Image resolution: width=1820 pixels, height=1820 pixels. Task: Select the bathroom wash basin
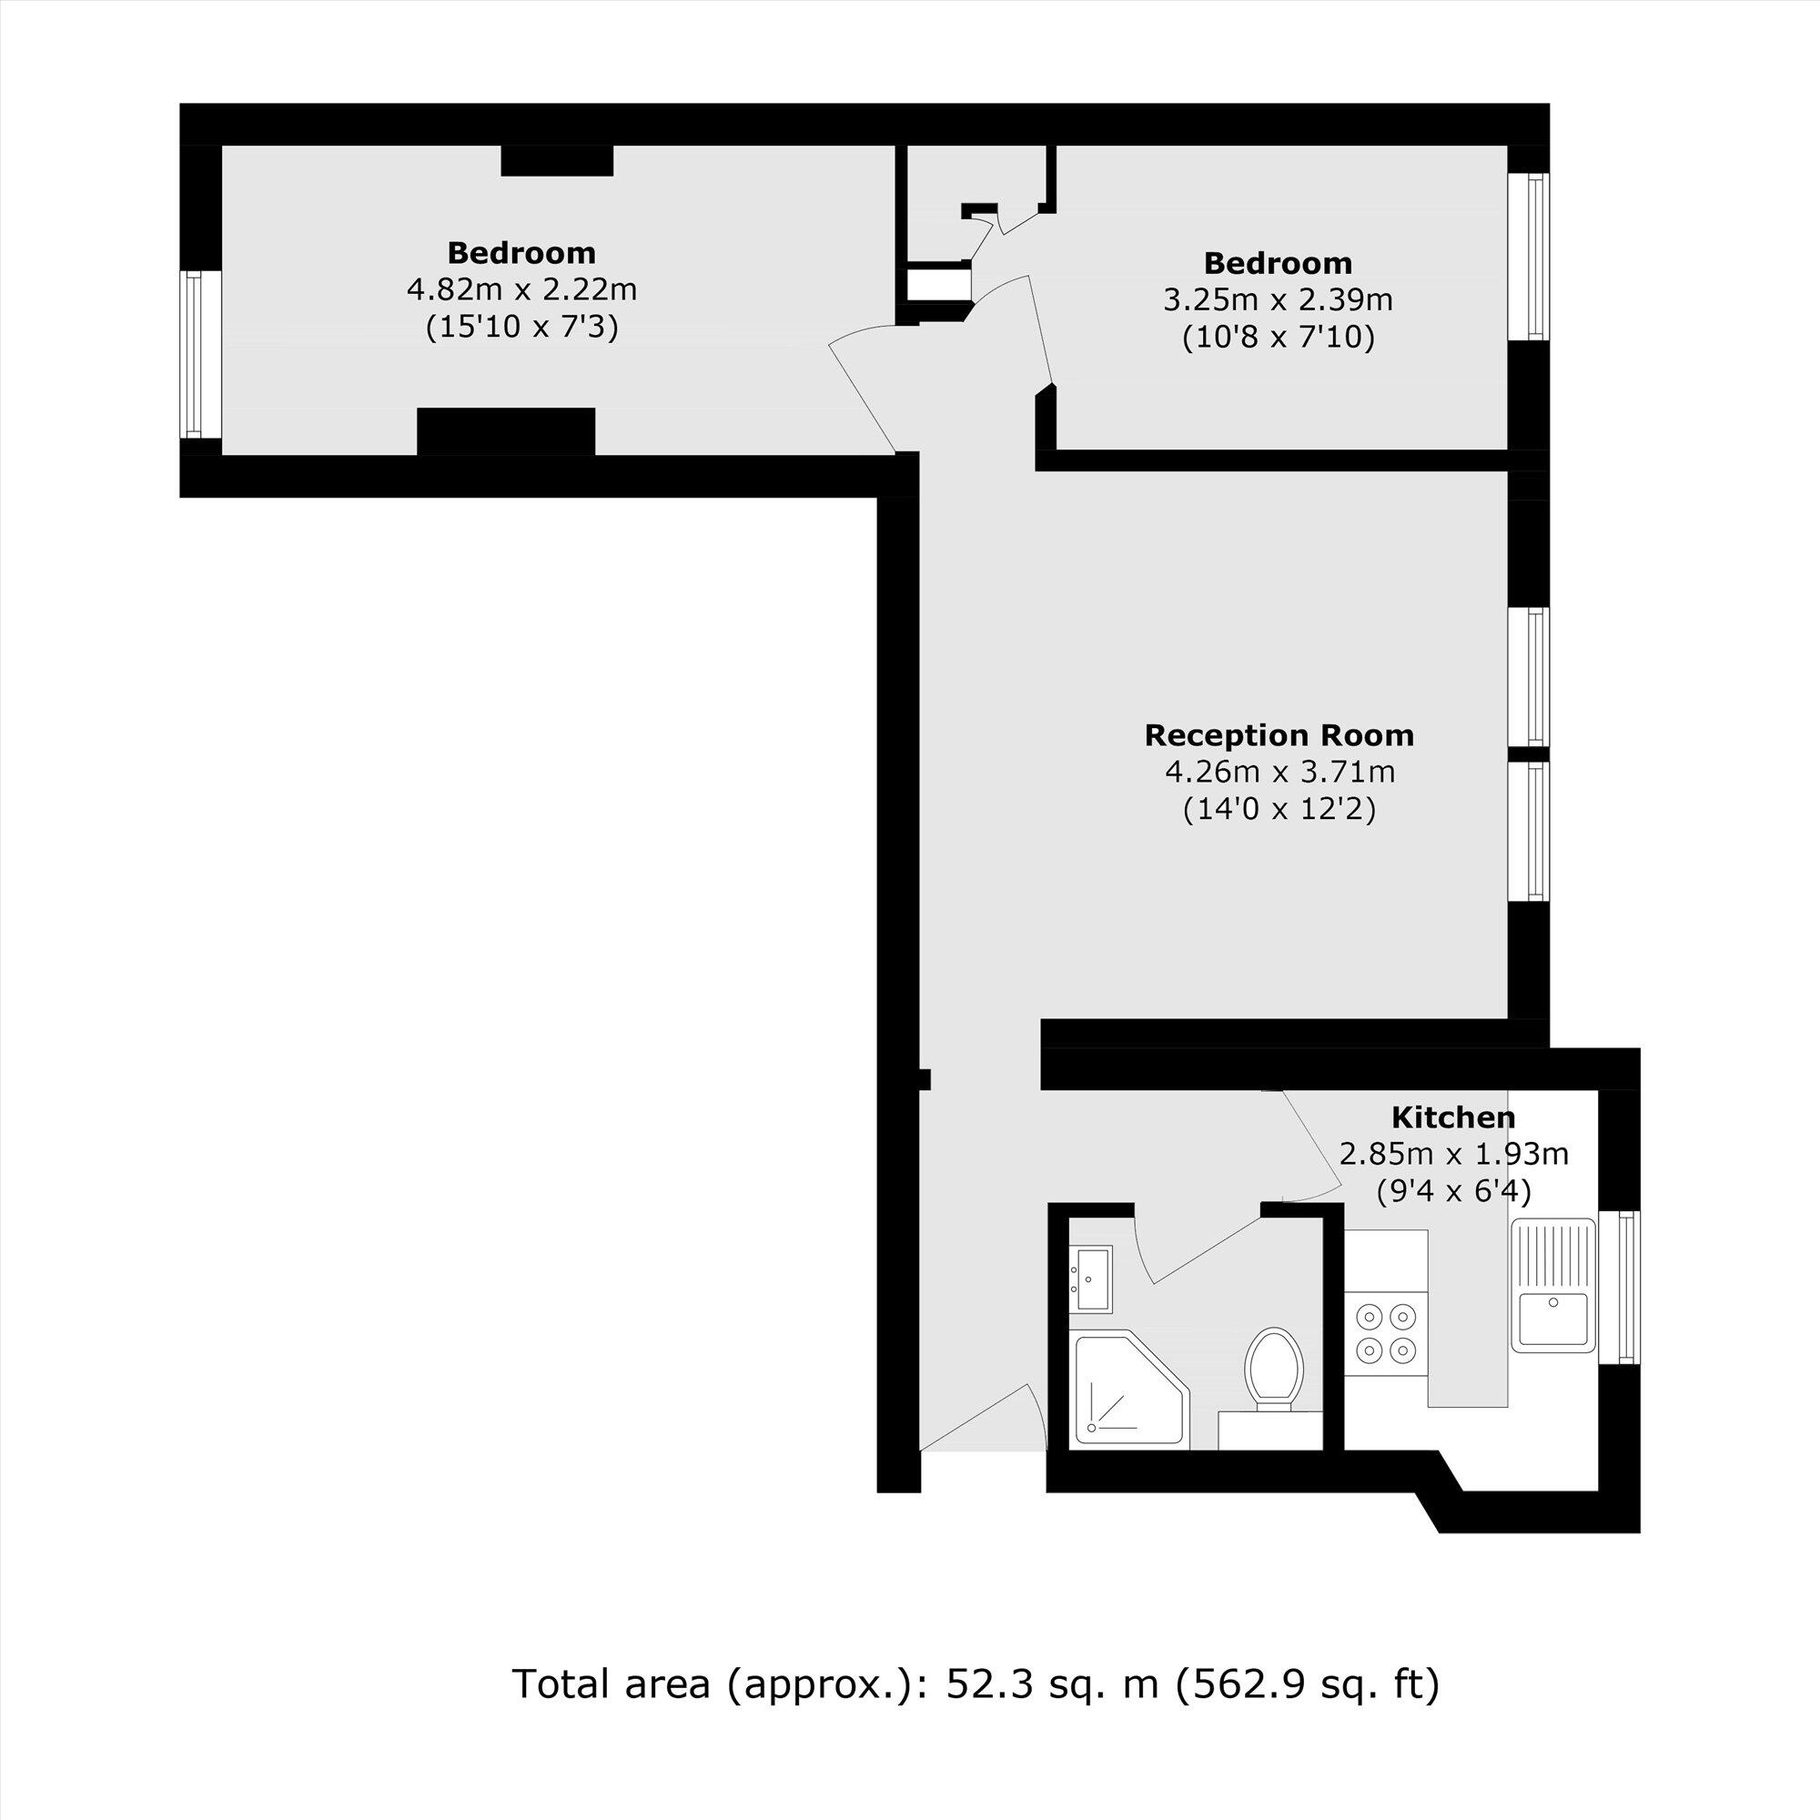[1092, 1279]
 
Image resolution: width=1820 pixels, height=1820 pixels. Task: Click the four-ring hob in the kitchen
[1386, 1333]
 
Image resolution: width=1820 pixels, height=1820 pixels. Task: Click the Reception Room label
[1279, 735]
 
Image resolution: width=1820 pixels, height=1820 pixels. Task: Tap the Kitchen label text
[1452, 1118]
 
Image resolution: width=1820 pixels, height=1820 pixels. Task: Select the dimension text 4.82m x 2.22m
[521, 289]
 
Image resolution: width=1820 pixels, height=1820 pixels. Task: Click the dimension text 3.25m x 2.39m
[1278, 299]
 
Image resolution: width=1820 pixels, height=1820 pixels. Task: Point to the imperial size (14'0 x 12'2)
[1279, 809]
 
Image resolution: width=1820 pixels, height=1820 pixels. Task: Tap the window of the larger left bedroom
[194, 354]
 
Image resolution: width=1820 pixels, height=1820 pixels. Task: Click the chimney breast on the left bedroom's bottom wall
[506, 431]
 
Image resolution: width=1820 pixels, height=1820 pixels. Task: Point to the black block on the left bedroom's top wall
[557, 160]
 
